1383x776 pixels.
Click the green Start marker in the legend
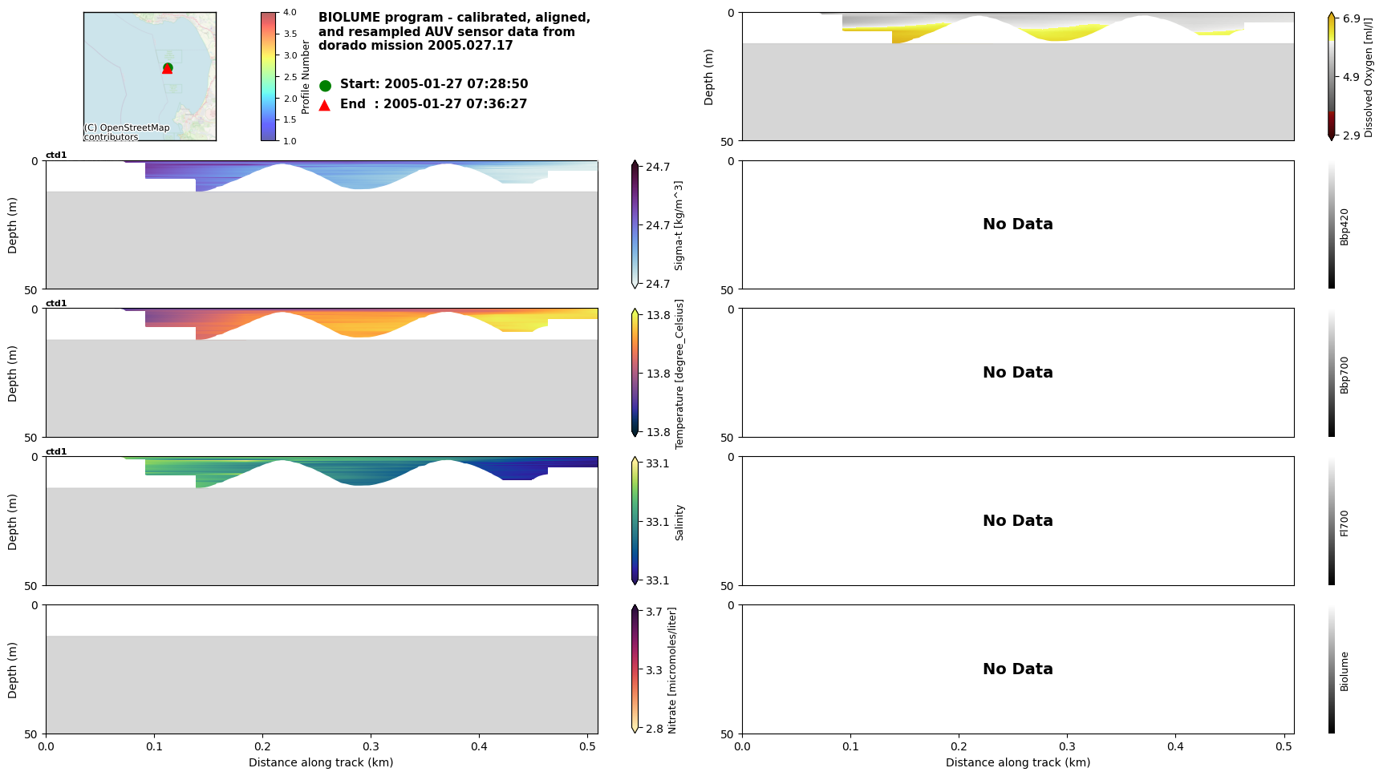pos(325,85)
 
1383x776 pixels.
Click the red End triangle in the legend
pos(325,105)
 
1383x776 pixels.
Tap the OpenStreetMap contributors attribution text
pos(127,132)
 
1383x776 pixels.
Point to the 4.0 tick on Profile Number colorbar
pos(290,13)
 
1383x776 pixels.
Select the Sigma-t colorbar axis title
pos(679,225)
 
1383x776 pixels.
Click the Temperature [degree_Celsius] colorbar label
pos(679,374)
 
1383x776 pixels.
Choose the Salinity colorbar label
pos(679,522)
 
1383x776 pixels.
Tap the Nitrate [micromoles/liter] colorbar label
pos(672,670)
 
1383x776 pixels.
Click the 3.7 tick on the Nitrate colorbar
pos(654,612)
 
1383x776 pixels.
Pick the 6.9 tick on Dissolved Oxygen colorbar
pos(1351,18)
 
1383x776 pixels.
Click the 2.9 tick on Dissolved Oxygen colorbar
pos(1351,135)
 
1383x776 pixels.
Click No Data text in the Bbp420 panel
pos(1017,224)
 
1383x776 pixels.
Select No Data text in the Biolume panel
pos(1017,669)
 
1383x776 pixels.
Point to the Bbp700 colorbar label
pos(1344,374)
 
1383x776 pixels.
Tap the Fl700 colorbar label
pos(1344,523)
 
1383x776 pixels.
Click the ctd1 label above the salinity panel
pos(56,451)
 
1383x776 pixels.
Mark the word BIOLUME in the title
pos(350,18)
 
